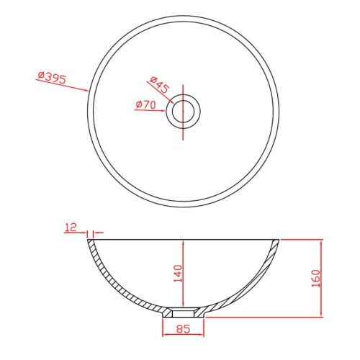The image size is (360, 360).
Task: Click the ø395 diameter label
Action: click(x=52, y=77)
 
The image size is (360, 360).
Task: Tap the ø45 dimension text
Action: click(x=159, y=85)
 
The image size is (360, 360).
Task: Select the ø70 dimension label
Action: click(x=145, y=105)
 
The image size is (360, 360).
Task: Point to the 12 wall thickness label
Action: click(x=71, y=227)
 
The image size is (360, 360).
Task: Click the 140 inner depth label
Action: click(x=178, y=274)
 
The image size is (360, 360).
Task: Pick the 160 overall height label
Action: click(x=316, y=279)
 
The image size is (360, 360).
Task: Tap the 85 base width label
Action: click(x=183, y=329)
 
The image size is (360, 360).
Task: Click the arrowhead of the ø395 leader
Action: click(x=86, y=90)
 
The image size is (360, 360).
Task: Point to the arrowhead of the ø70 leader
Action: click(x=163, y=111)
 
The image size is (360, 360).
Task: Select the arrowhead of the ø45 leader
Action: click(x=171, y=102)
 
